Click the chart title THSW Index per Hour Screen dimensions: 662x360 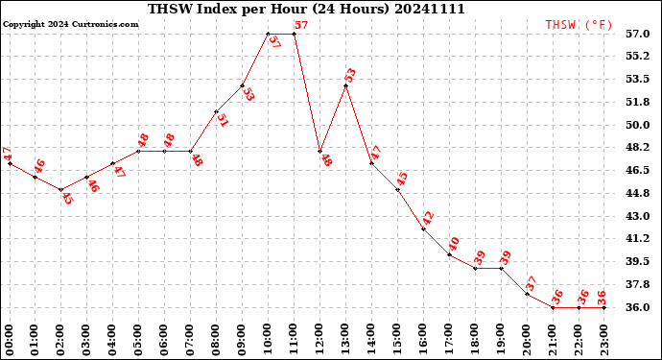coord(306,9)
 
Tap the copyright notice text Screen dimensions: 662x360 coord(70,24)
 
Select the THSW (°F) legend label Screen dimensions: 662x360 coord(579,25)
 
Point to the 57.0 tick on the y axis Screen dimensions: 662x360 coord(637,34)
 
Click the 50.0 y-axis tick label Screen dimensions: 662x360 coord(637,125)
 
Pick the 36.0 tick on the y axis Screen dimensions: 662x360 coord(637,307)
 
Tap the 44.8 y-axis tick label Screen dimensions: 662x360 coord(637,193)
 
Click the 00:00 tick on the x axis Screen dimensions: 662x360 coord(9,340)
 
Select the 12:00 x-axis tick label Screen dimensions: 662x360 coord(319,340)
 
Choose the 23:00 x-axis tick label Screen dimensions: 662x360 coord(604,340)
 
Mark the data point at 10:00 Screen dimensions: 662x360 coord(268,34)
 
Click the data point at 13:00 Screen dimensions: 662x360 coord(345,85)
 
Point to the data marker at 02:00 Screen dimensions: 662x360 coord(61,190)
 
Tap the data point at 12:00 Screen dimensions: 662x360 coord(320,152)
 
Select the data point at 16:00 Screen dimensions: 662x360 coord(423,229)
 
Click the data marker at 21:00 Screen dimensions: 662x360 coord(553,307)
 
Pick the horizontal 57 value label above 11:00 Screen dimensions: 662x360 coord(301,25)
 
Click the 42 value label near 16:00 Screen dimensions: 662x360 coord(428,219)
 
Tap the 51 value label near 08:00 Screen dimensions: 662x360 coord(222,120)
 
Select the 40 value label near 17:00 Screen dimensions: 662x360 coord(453,244)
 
